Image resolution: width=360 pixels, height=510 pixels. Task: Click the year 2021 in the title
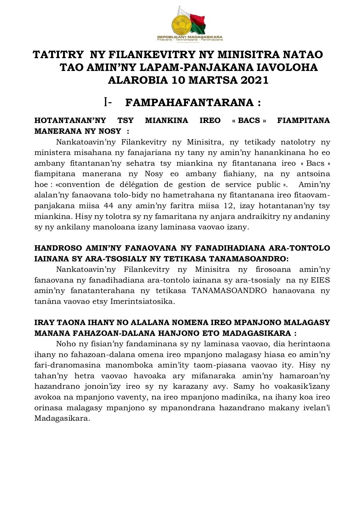pos(254,80)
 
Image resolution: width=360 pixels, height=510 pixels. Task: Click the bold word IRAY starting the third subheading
pos(43,322)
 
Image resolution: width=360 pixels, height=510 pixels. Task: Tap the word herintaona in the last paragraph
pos(308,344)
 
